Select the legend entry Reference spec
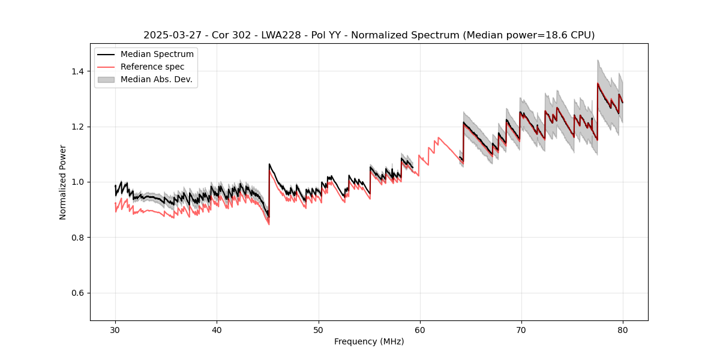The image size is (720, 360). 152,67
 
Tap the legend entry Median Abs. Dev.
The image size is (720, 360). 156,79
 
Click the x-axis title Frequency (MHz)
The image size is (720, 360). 369,341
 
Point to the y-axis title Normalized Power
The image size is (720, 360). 63,182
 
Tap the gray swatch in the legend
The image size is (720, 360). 106,79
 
